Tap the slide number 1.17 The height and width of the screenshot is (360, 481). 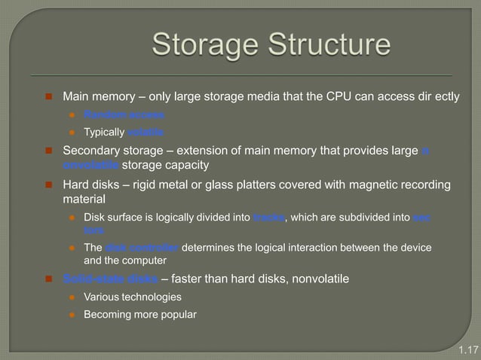click(x=468, y=349)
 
